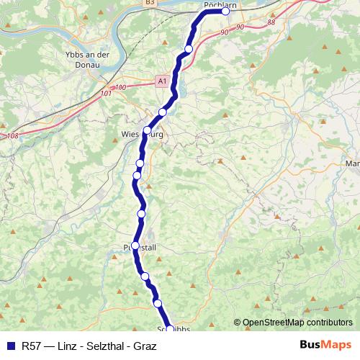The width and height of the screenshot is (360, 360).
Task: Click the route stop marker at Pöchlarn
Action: pos(225,11)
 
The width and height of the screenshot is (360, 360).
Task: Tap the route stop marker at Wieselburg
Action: pos(147,131)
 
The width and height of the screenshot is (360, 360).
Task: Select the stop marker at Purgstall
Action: pos(135,246)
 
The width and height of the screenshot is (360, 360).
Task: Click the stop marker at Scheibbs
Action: pos(171,330)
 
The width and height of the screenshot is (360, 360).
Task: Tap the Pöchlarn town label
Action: pos(221,4)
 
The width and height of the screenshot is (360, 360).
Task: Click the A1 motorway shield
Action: pos(161,81)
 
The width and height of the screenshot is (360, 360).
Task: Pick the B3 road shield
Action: pos(149,3)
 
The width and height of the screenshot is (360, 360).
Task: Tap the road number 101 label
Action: pos(107,93)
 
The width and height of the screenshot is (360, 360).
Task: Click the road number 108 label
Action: pos(12,135)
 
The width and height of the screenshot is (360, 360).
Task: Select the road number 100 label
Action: pos(120,87)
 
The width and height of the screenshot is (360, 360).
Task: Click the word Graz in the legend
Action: pos(145,346)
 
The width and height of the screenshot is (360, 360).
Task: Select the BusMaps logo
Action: pos(326,345)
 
